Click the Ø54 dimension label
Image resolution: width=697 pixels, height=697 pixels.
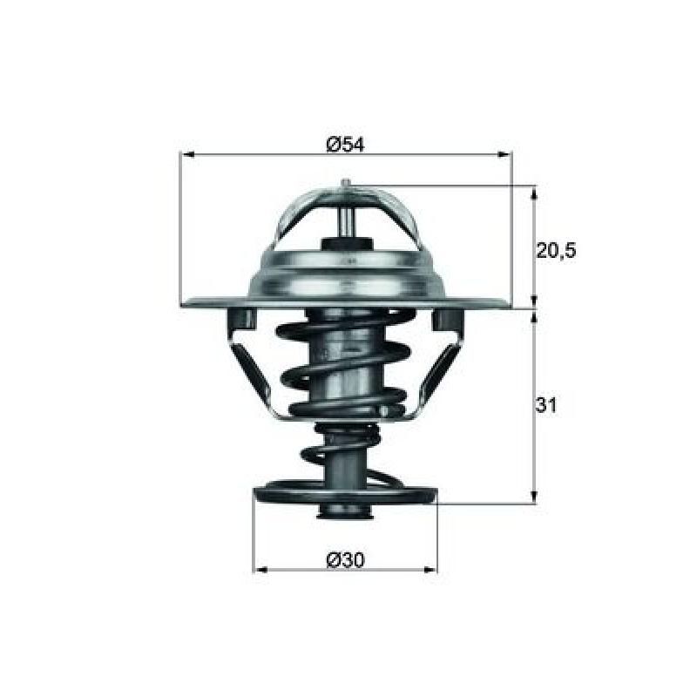coord(345,145)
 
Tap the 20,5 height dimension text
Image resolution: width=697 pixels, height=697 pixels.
coord(556,252)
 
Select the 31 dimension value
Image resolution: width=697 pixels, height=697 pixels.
coord(546,405)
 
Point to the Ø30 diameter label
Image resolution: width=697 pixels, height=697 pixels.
coord(345,560)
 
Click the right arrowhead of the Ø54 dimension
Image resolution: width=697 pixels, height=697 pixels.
coord(504,154)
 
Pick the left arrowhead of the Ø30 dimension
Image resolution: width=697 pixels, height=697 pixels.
coord(261,570)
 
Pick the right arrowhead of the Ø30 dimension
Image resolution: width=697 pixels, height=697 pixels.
coord(430,570)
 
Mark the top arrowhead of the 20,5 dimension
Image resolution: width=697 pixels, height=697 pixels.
coord(534,193)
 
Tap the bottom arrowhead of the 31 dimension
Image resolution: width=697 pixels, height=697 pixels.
coord(534,497)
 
